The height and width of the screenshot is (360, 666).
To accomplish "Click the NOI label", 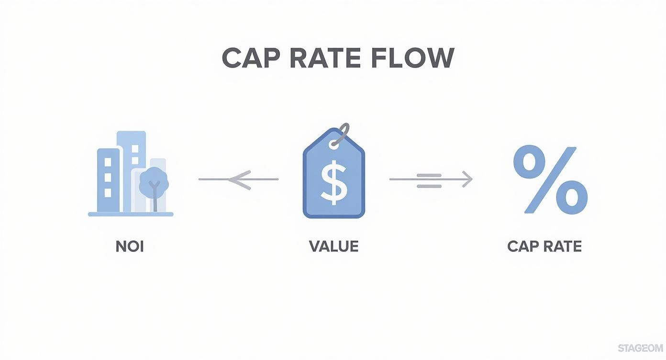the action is click(130, 247).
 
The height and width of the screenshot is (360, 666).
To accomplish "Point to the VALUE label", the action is click(333, 247).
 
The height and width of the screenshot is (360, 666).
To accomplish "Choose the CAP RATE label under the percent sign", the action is click(544, 247).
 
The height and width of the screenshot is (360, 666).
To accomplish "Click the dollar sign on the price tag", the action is click(333, 182).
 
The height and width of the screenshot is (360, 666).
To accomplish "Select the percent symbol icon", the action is click(550, 180).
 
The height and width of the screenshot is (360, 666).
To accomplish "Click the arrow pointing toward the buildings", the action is click(238, 180).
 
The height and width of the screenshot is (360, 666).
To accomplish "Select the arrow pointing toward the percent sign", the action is click(431, 180).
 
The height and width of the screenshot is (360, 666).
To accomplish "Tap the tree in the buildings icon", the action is click(154, 181).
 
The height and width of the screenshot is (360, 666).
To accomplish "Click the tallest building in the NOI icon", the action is click(132, 144).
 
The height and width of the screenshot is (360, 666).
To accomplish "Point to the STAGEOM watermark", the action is click(640, 348).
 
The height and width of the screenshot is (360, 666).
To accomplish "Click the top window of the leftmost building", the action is click(108, 162).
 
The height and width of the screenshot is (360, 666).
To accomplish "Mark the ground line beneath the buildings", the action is click(131, 214).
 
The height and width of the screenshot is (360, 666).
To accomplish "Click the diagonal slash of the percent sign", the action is click(550, 180).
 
